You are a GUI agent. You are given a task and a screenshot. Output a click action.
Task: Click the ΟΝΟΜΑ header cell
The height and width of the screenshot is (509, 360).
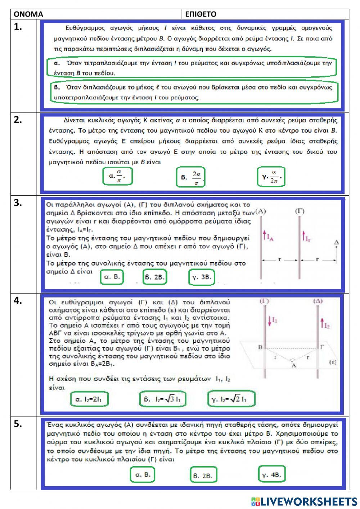click(x=97, y=14)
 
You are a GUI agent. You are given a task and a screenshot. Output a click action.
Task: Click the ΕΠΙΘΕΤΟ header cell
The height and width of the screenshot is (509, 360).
click(x=266, y=14)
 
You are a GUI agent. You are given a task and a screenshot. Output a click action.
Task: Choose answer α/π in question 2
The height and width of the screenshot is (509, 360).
click(x=117, y=176)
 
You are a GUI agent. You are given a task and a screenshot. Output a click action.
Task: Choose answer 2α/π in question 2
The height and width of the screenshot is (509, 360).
click(x=191, y=177)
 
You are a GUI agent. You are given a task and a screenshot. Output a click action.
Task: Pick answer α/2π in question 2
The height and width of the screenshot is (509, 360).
click(x=271, y=177)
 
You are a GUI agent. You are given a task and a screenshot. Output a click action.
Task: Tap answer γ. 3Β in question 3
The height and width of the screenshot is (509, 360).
click(x=202, y=277)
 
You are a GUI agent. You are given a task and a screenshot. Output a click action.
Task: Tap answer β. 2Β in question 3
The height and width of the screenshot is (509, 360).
click(x=155, y=277)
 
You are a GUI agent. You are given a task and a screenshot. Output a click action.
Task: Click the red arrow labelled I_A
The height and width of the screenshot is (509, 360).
click(x=264, y=236)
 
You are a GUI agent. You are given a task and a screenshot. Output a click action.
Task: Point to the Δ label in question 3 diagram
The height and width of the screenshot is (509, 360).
click(x=337, y=243)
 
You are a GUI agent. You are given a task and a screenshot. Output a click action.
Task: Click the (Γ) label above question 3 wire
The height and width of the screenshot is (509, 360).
click(x=300, y=211)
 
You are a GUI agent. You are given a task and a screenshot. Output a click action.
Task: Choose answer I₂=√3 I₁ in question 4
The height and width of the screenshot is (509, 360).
click(x=162, y=399)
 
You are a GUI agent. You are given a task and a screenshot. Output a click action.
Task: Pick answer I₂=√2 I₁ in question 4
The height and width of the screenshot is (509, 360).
click(x=231, y=399)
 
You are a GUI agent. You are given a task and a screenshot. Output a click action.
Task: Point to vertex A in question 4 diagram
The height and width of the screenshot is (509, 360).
click(x=293, y=365)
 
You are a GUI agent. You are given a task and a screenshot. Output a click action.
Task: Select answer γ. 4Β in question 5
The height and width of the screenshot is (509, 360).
click(x=272, y=474)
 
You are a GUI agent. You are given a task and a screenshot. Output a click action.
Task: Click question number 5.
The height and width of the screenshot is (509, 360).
click(x=18, y=424)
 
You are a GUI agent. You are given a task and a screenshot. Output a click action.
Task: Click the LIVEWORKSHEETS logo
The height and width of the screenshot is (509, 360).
click(x=304, y=501)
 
